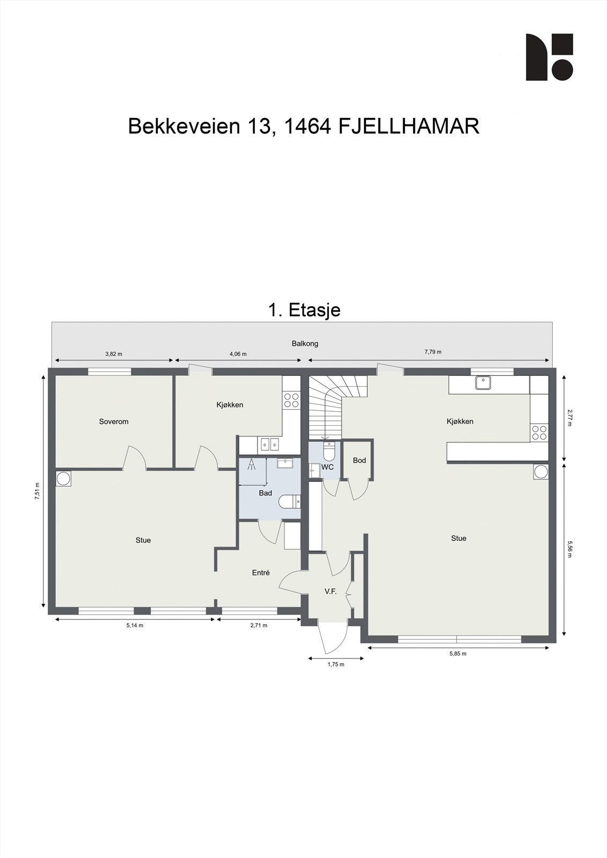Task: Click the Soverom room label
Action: (114, 421)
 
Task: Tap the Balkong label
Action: (305, 343)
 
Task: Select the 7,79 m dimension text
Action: (433, 352)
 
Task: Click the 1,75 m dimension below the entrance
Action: (336, 664)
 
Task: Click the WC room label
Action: (327, 467)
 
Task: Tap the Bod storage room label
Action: (359, 461)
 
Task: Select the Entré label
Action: (261, 573)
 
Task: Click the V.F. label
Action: (331, 591)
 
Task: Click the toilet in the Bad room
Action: (290, 502)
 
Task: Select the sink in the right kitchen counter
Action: (483, 383)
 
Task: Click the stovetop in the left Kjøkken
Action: (291, 400)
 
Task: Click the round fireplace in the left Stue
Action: (63, 478)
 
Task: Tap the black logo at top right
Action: (549, 57)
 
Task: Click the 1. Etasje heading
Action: (304, 310)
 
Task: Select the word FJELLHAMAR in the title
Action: (409, 127)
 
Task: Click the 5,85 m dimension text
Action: (458, 654)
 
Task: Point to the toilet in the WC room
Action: (328, 452)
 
